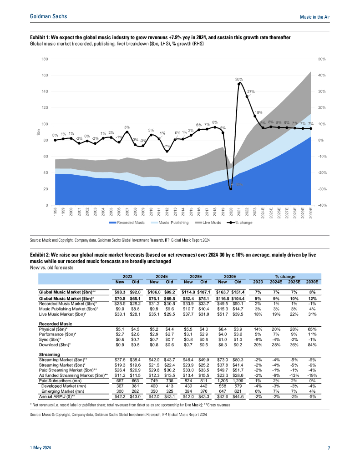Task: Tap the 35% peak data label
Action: [238, 79]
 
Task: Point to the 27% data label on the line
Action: [250, 91]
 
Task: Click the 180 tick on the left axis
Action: [45, 59]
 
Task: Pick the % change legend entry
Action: [243, 223]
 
